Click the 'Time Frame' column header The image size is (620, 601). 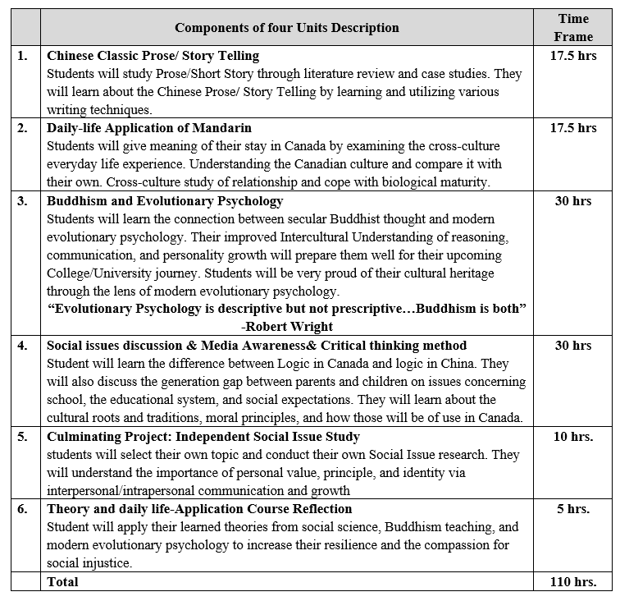pos(573,27)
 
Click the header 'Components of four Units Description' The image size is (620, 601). pos(286,28)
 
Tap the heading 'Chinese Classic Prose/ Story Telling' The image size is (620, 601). pos(153,56)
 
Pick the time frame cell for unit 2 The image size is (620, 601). pos(573,128)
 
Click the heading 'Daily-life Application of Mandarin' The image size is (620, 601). pos(149,128)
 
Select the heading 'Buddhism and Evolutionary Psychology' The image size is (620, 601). pos(165,201)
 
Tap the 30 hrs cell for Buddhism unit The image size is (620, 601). pos(573,201)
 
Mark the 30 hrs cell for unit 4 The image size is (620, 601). pos(573,346)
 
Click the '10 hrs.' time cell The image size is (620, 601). pos(573,436)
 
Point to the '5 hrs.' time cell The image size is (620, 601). pos(573,509)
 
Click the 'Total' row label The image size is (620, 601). pos(63,581)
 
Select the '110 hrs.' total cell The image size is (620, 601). pos(573,581)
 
